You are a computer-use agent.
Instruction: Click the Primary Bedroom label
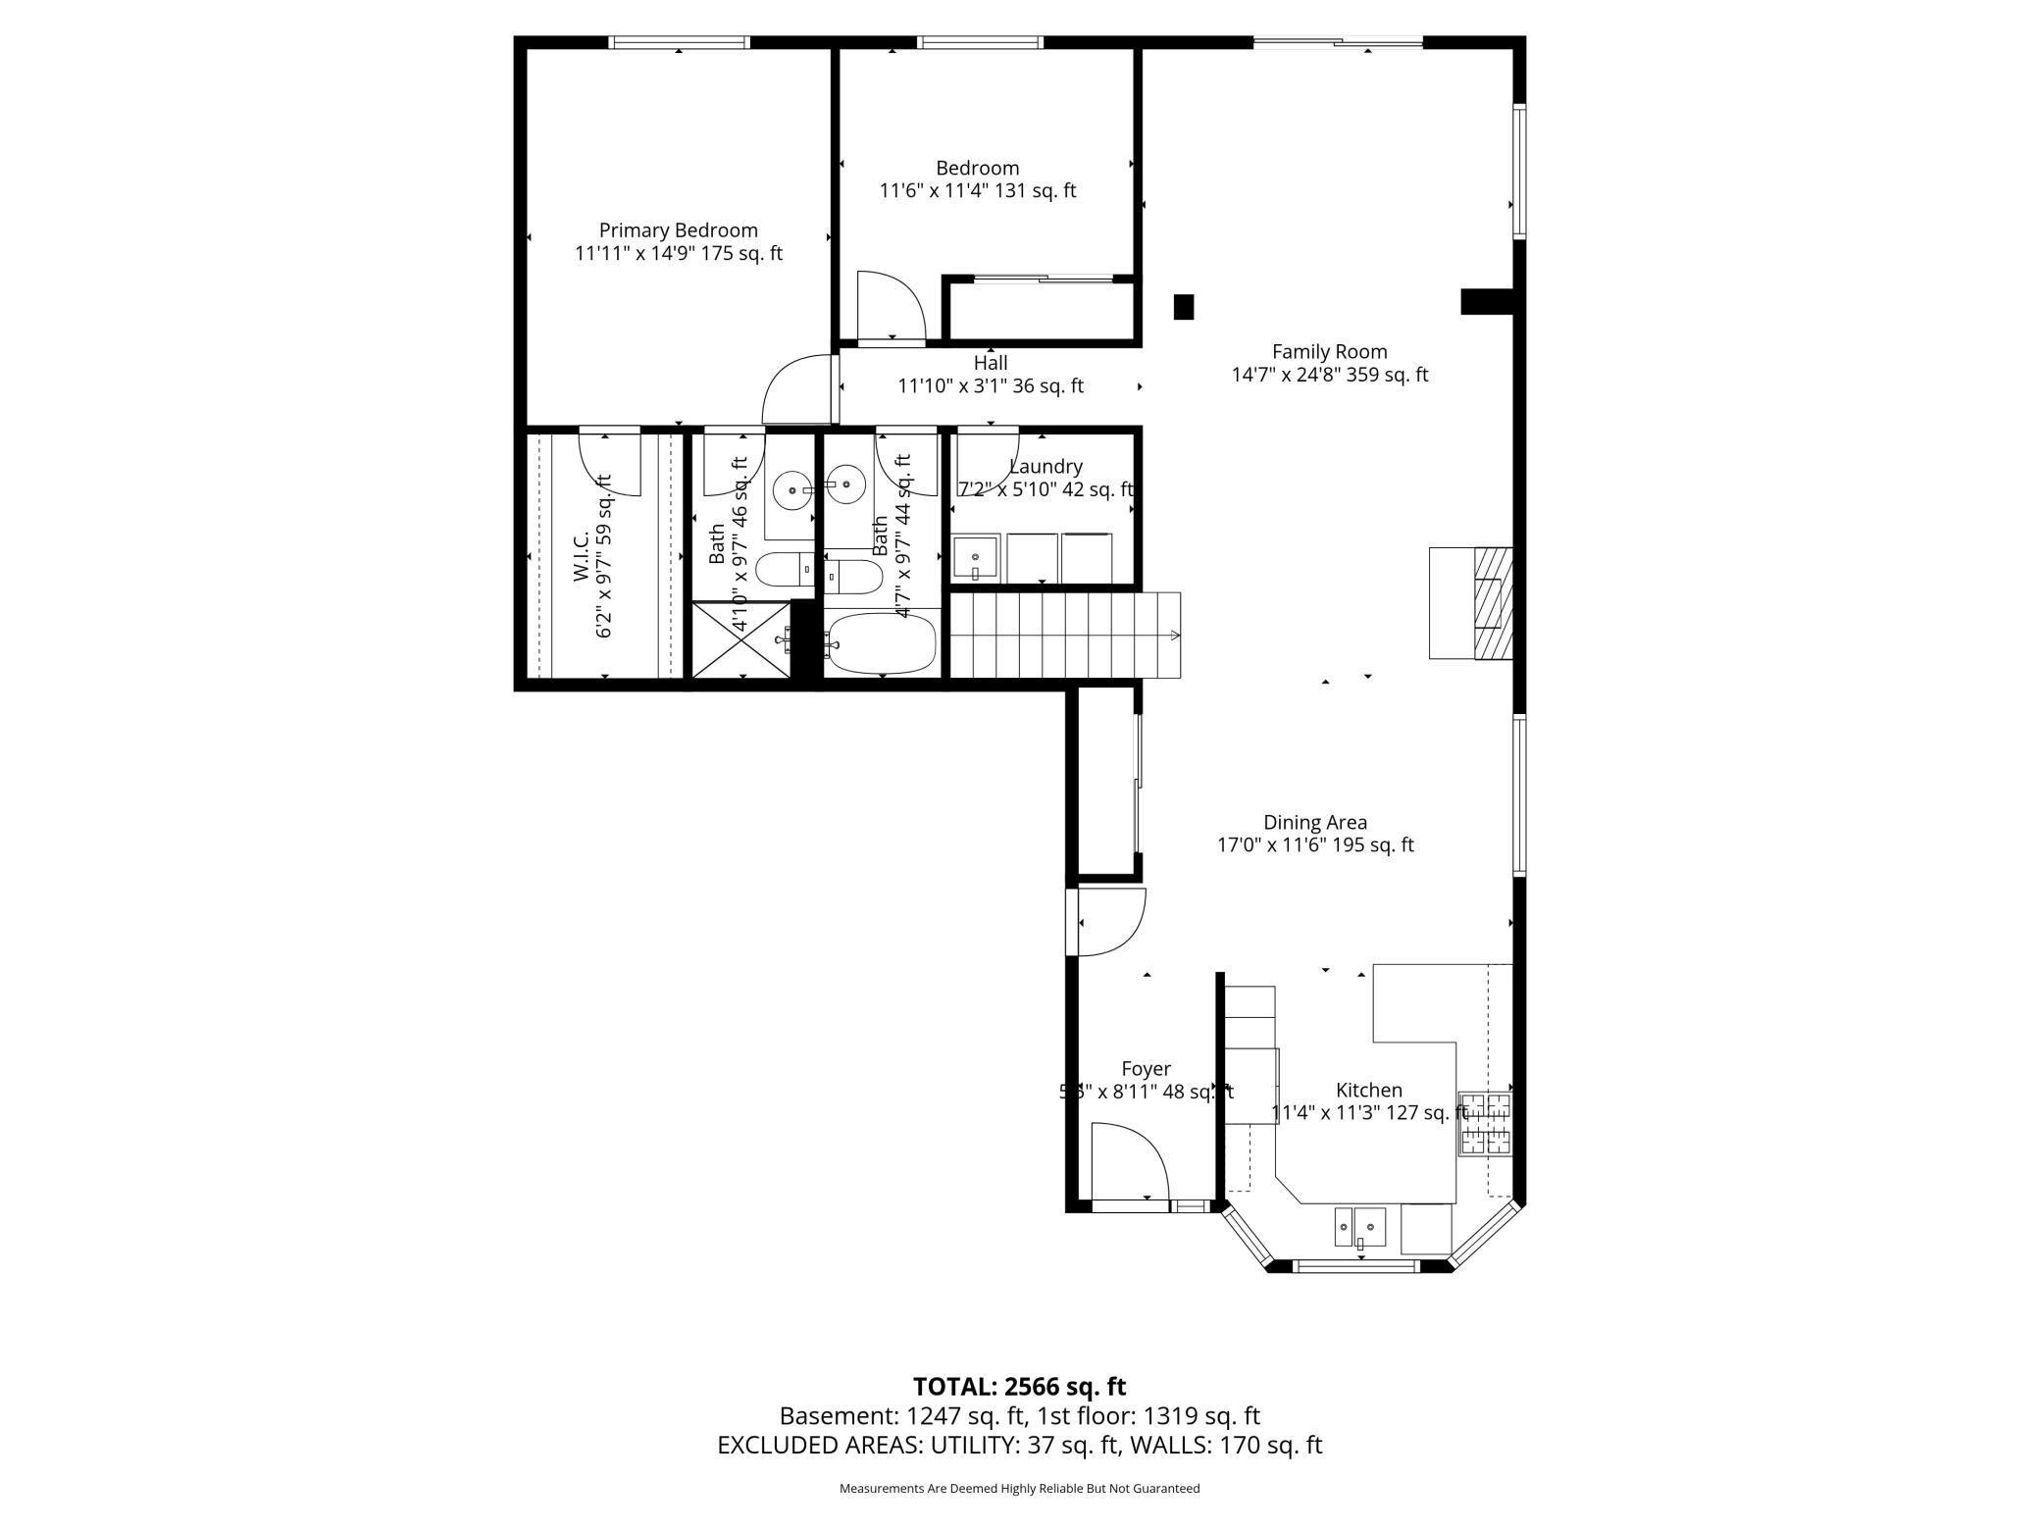[x=678, y=230]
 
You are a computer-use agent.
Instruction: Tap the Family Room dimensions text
[x=1329, y=375]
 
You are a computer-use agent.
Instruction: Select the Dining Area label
[x=1314, y=823]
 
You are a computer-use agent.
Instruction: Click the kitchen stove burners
[x=1484, y=1123]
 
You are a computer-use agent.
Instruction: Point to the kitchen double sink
[x=1359, y=1227]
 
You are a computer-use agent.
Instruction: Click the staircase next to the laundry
[x=1064, y=635]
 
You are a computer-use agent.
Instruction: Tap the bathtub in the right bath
[x=880, y=643]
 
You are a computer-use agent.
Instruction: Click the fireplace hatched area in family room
[x=1493, y=602]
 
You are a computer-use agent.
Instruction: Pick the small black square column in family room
[x=1184, y=307]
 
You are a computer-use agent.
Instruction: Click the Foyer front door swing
[x=1128, y=1163]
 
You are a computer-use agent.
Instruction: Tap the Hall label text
[x=991, y=364]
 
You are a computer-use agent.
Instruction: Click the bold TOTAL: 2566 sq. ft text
[x=1019, y=1387]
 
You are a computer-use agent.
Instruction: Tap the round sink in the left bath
[x=791, y=489]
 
